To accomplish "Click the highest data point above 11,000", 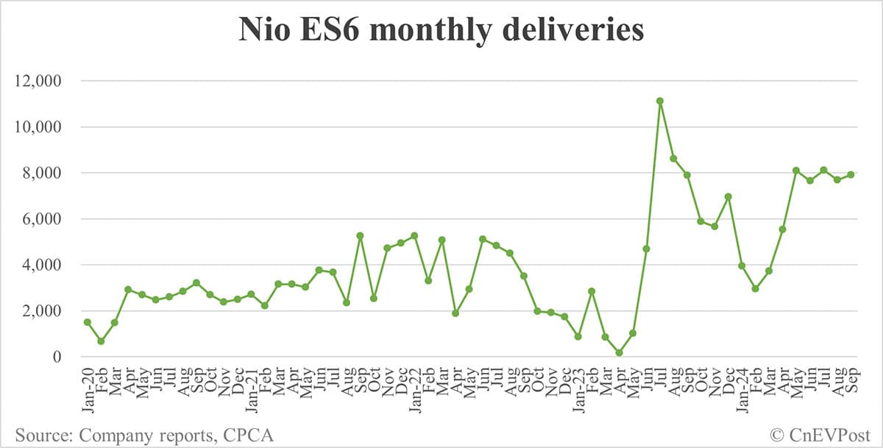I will tap(660, 101).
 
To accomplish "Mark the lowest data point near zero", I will tap(619, 353).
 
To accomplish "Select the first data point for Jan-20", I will tap(88, 322).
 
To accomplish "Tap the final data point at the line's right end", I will tap(851, 174).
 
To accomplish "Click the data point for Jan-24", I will tap(742, 266).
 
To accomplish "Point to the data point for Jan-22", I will tap(414, 235).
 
